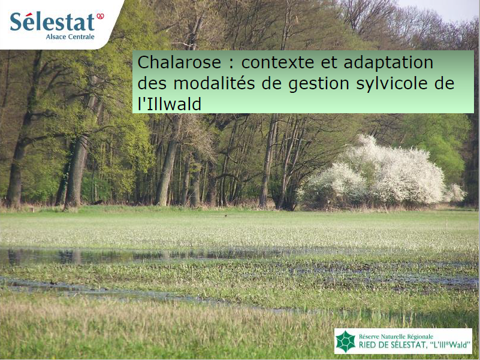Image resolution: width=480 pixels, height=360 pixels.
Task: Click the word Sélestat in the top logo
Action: coord(52,22)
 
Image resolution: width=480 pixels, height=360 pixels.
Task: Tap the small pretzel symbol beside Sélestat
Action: coord(100,16)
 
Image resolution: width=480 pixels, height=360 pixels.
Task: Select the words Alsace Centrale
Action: coord(70,37)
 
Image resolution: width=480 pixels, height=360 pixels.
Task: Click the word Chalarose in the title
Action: coord(179,62)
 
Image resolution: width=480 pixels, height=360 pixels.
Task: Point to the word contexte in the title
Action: coord(277,62)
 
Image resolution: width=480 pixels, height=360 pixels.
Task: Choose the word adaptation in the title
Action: coord(388,63)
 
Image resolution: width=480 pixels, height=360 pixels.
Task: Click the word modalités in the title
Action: coord(214,83)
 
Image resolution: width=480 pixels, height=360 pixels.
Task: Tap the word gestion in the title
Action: coord(319,84)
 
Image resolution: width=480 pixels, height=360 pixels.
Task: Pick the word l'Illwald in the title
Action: coord(169,104)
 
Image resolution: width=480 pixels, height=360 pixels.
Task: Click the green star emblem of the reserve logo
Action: coord(346,341)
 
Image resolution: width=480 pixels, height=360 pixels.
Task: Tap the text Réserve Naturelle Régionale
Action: coord(396,337)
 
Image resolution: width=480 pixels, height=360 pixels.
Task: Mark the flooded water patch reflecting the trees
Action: coord(92,256)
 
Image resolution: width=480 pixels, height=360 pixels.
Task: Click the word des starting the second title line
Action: coord(152,83)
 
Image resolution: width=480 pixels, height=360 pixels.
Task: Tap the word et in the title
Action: coord(329,63)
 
